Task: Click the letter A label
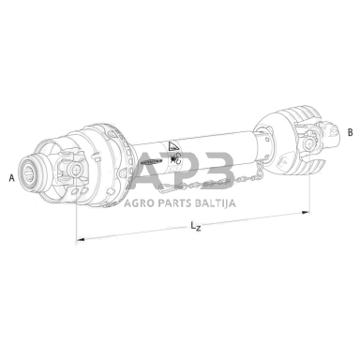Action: click(x=12, y=178)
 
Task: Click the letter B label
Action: click(x=351, y=132)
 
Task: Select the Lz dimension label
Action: click(x=196, y=226)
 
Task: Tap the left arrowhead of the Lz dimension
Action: click(x=81, y=239)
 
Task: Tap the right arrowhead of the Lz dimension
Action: click(x=306, y=213)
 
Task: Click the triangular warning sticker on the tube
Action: click(x=172, y=146)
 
